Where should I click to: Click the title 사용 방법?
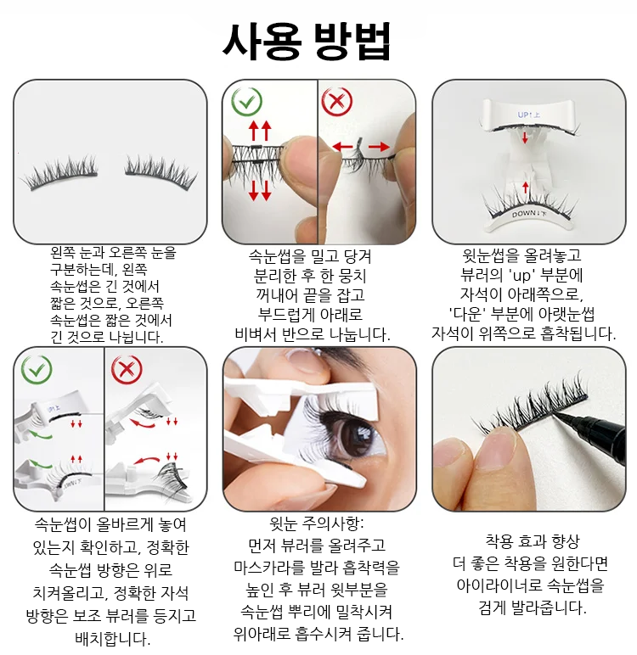(x=307, y=42)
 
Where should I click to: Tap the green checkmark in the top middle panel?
(x=247, y=101)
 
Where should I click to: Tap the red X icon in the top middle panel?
(x=337, y=102)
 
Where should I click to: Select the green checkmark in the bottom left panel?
(x=37, y=370)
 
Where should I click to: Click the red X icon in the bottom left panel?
(x=127, y=370)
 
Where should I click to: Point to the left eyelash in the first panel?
(x=61, y=172)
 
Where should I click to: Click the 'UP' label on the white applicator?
(x=528, y=115)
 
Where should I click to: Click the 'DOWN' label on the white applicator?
(x=528, y=215)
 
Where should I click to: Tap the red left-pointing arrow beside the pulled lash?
(x=342, y=147)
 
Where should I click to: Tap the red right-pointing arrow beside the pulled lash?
(x=379, y=147)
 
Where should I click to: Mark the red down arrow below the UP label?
(x=525, y=137)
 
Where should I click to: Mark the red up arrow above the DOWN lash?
(x=526, y=187)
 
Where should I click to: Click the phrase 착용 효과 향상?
(x=532, y=542)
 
